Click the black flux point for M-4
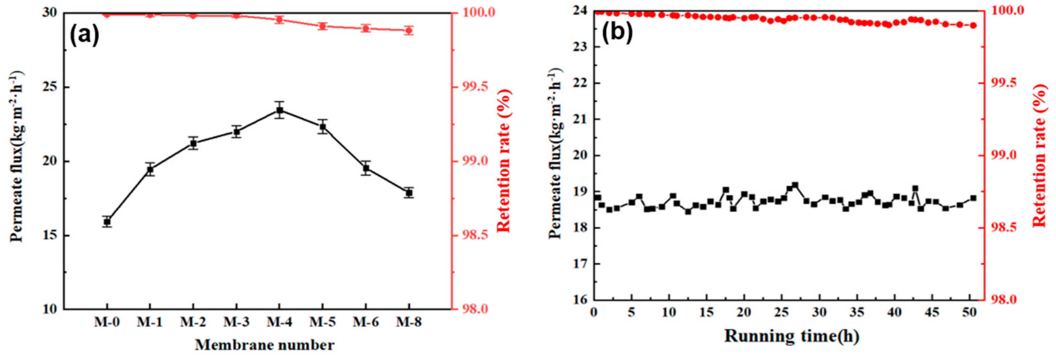point(280,110)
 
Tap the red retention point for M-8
point(409,30)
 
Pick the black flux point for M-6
point(366,168)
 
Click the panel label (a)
point(84,35)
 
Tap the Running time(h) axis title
point(792,336)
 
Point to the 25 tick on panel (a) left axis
point(52,87)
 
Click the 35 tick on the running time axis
point(857,312)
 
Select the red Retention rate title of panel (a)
point(504,161)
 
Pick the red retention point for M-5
point(323,26)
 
